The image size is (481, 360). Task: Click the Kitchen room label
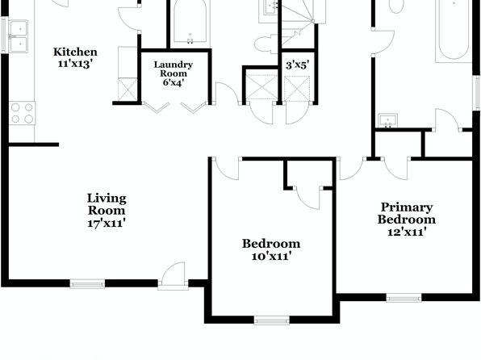click(75, 52)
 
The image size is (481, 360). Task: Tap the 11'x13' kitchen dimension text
click(75, 64)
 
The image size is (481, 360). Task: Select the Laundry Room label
click(174, 69)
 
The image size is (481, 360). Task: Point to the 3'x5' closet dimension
click(297, 65)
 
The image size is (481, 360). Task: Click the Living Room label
click(107, 204)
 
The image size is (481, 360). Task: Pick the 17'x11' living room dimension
click(107, 223)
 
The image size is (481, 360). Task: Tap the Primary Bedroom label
click(407, 213)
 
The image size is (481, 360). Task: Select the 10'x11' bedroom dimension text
click(271, 256)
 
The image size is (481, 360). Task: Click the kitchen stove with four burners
click(22, 113)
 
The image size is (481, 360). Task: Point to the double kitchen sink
click(19, 36)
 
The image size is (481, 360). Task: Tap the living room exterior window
click(87, 284)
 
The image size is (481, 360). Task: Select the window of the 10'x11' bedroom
click(271, 320)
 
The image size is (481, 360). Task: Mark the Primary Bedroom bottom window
click(404, 298)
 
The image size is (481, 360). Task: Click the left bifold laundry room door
click(157, 107)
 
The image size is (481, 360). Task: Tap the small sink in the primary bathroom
click(387, 120)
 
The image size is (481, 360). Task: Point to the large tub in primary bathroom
click(454, 31)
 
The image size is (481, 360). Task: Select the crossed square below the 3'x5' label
click(297, 89)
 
